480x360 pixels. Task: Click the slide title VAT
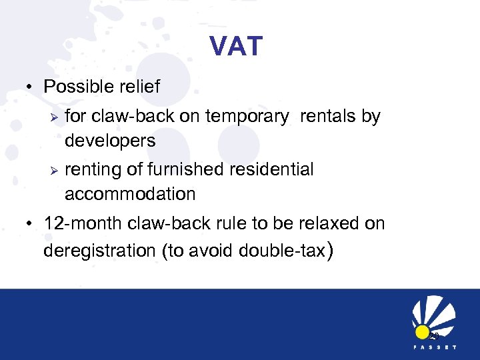tap(236, 47)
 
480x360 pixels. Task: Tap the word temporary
tap(247, 117)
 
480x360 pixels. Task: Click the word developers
tap(110, 141)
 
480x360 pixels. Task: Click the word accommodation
tap(130, 195)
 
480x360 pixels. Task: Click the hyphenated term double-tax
tap(289, 251)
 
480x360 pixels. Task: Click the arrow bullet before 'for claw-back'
tap(55, 117)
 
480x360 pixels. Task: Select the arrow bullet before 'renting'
tap(55, 170)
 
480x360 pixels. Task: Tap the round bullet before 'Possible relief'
tap(31, 88)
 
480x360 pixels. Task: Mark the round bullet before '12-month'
tap(31, 224)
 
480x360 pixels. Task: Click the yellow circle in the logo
tap(421, 331)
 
